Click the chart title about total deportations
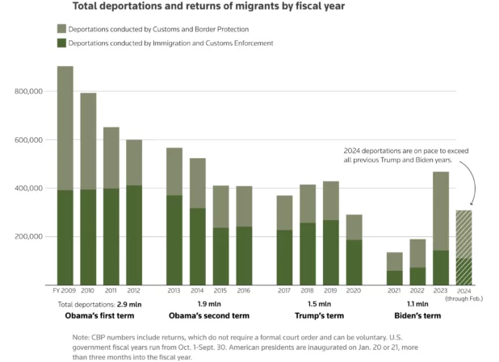pyautogui.click(x=209, y=6)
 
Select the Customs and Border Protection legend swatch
pyautogui.click(x=61, y=28)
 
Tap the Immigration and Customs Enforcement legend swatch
pyautogui.click(x=61, y=43)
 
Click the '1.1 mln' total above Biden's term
pyautogui.click(x=417, y=306)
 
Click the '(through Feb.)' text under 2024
pyautogui.click(x=464, y=300)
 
